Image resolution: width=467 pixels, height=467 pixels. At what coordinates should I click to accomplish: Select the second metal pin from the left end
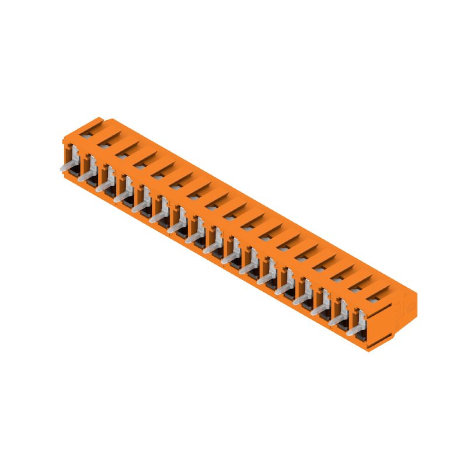pos(83,177)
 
